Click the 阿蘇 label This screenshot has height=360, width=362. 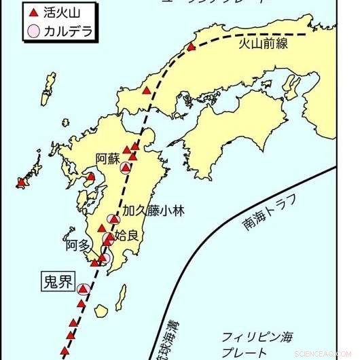(107, 159)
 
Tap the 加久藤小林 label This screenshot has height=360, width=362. (153, 209)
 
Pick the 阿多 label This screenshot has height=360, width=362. (77, 245)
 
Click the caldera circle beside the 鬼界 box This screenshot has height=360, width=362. (84, 289)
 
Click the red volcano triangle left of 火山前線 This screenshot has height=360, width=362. (192, 47)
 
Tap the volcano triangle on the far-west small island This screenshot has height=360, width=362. (21, 182)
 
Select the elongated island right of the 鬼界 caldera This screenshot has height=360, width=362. (122, 296)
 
